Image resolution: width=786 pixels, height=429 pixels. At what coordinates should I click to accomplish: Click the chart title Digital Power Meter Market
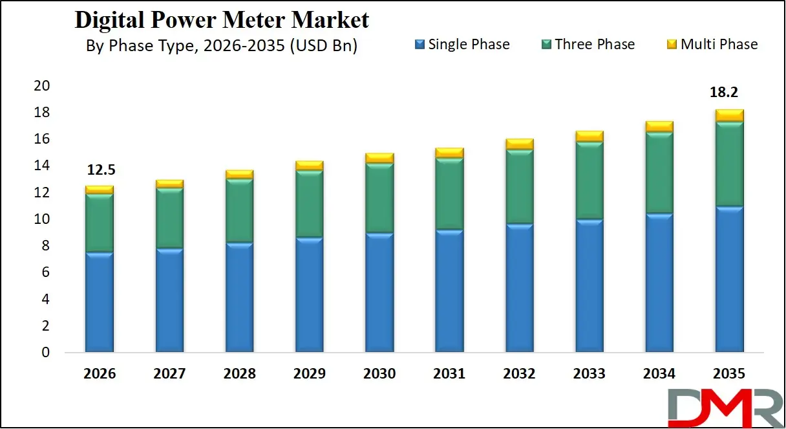[x=222, y=20]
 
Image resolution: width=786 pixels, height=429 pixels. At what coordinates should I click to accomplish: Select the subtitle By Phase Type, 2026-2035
[x=221, y=47]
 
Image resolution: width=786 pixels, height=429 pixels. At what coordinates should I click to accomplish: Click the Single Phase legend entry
[x=462, y=44]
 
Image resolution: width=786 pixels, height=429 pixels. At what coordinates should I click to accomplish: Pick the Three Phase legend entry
[x=588, y=44]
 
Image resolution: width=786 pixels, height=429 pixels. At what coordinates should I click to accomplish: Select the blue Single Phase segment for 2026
[x=99, y=302]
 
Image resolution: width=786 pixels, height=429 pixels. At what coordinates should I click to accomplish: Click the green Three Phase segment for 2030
[x=379, y=197]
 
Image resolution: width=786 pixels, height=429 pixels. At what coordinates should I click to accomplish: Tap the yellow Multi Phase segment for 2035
[x=729, y=116]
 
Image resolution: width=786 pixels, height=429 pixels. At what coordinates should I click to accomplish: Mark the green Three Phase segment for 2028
[x=239, y=210]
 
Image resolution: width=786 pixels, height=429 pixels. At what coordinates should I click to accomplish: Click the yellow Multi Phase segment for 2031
[x=449, y=153]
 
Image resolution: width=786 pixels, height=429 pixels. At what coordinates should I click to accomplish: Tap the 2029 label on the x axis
[x=309, y=374]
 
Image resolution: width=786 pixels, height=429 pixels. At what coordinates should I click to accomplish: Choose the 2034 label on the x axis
[x=659, y=374]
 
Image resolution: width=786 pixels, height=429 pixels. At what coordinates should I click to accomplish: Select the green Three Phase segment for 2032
[x=519, y=186]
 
